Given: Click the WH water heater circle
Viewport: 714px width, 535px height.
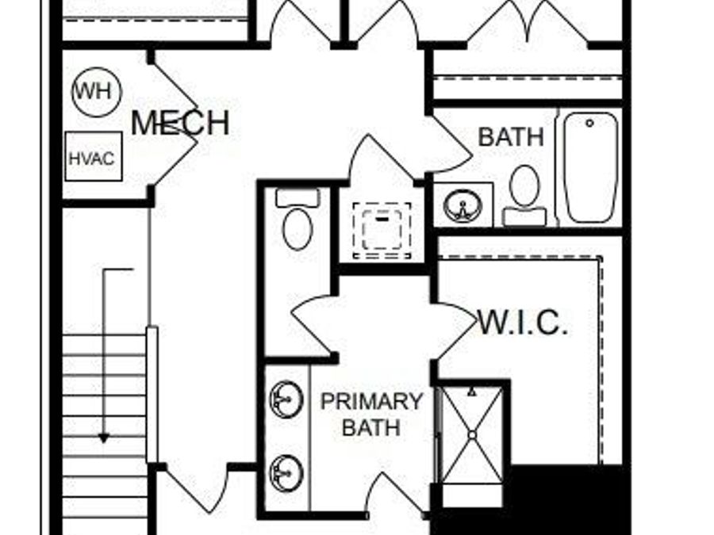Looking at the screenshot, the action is (97, 91).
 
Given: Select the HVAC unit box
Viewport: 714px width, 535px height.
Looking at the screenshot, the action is (94, 156).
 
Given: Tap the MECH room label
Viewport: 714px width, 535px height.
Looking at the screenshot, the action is (180, 123).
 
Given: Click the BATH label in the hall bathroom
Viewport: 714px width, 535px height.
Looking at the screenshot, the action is (511, 137).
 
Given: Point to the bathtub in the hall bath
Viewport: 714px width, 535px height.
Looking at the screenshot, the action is (590, 167).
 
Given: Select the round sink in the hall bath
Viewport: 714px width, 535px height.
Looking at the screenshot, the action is (463, 205).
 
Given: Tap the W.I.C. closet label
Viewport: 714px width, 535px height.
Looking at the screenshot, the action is (524, 323).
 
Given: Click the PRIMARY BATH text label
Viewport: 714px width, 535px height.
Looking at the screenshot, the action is (371, 415).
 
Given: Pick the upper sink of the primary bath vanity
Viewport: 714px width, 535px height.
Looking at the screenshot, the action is (286, 399).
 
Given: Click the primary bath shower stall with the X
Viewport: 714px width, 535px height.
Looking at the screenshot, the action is (473, 435).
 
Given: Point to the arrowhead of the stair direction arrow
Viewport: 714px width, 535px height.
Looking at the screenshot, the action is (104, 439).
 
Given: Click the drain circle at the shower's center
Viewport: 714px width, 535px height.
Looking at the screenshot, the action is (473, 435).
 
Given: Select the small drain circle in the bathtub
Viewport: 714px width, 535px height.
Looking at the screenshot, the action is (589, 123).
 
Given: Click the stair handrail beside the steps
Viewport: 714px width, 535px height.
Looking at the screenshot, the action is (152, 394).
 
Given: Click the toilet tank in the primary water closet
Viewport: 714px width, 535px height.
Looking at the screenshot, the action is (297, 198).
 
